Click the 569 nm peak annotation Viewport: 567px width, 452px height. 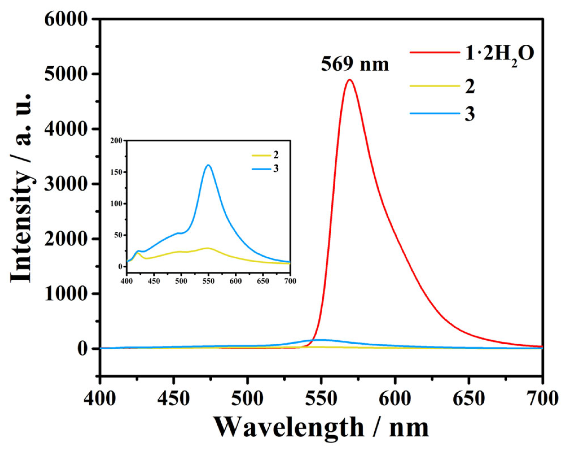pyautogui.click(x=355, y=64)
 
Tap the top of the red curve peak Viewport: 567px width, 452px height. pyautogui.click(x=349, y=80)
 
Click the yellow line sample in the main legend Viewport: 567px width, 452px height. pyautogui.click(x=434, y=86)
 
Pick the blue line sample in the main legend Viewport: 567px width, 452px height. pyautogui.click(x=434, y=113)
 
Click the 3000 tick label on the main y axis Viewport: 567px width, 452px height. pyautogui.click(x=66, y=184)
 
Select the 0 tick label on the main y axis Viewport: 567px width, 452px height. pyautogui.click(x=82, y=349)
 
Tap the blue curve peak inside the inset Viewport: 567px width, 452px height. pyautogui.click(x=208, y=165)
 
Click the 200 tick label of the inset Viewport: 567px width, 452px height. pyautogui.click(x=116, y=141)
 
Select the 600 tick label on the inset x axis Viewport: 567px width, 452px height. pyautogui.click(x=235, y=281)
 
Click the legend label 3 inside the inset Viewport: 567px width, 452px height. pyautogui.click(x=276, y=169)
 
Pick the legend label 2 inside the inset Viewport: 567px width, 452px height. pyautogui.click(x=276, y=155)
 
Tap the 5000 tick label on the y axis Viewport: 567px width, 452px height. pyautogui.click(x=66, y=74)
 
